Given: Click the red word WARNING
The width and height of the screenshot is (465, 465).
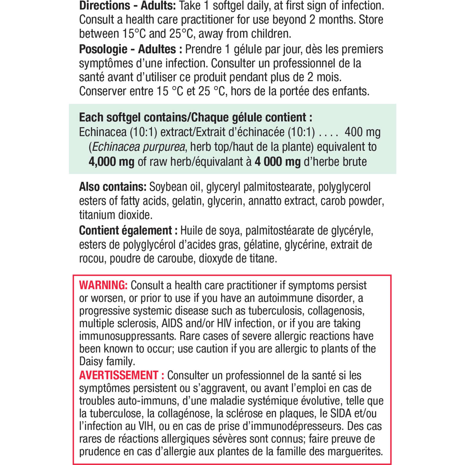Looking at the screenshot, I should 103,285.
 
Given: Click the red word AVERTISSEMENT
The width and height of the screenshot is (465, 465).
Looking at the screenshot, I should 119,375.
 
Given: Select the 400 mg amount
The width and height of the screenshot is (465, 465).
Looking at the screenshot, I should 362,132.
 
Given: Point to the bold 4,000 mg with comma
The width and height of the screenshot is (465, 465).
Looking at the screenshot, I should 111,162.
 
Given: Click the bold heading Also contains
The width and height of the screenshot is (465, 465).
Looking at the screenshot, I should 112,187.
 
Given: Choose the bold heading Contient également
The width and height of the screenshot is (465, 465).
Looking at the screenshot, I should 125,230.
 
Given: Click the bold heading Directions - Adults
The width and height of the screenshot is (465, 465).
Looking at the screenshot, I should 127,6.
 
